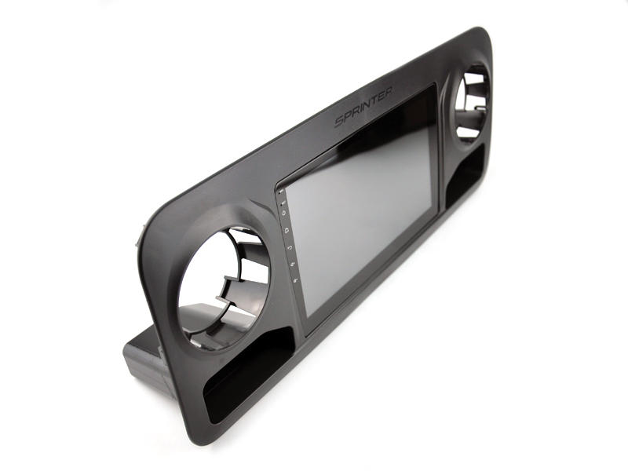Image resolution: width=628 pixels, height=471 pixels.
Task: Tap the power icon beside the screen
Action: coord(284,212)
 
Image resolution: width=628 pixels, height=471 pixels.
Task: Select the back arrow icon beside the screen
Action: coord(289,246)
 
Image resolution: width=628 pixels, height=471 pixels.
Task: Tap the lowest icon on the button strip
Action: coord(294,280)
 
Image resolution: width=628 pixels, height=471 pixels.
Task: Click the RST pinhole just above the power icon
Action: coord(283,202)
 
